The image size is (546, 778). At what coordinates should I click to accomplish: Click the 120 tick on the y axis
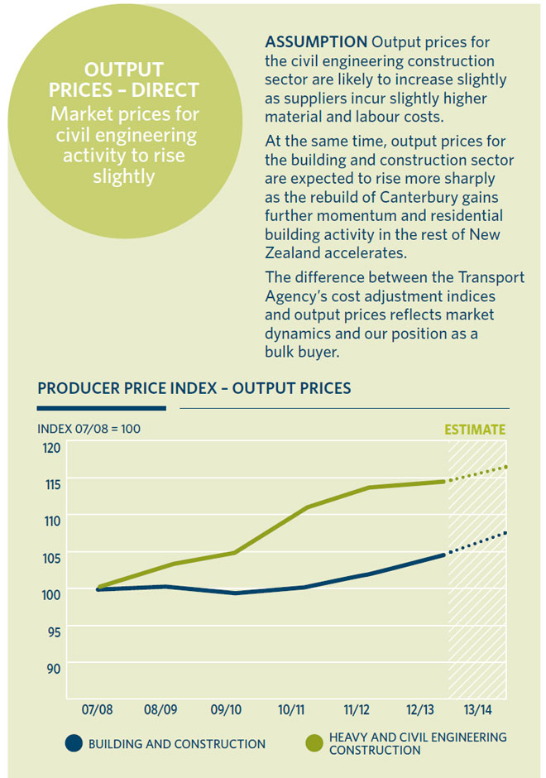tap(52, 448)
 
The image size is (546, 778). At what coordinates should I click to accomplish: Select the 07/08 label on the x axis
tap(98, 710)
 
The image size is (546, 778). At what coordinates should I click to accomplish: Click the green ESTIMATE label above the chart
tap(475, 430)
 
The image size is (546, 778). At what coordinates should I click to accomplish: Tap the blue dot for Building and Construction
tap(74, 743)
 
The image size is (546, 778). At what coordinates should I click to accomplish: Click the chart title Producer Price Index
tap(194, 388)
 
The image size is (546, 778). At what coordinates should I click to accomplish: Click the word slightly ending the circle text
tap(124, 177)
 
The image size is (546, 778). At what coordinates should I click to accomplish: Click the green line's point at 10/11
tap(306, 507)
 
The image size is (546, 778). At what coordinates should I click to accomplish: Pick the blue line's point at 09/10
tap(236, 593)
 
